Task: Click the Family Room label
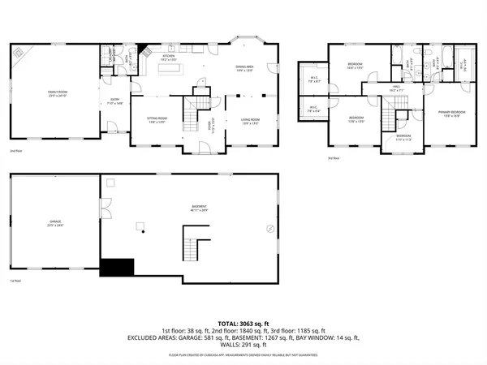57,93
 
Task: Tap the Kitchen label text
168,58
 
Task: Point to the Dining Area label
247,68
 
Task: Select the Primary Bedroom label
451,112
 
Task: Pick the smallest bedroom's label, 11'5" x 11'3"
403,136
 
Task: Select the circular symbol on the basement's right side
270,229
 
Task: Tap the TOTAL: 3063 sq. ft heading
243,323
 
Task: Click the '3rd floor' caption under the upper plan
334,158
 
